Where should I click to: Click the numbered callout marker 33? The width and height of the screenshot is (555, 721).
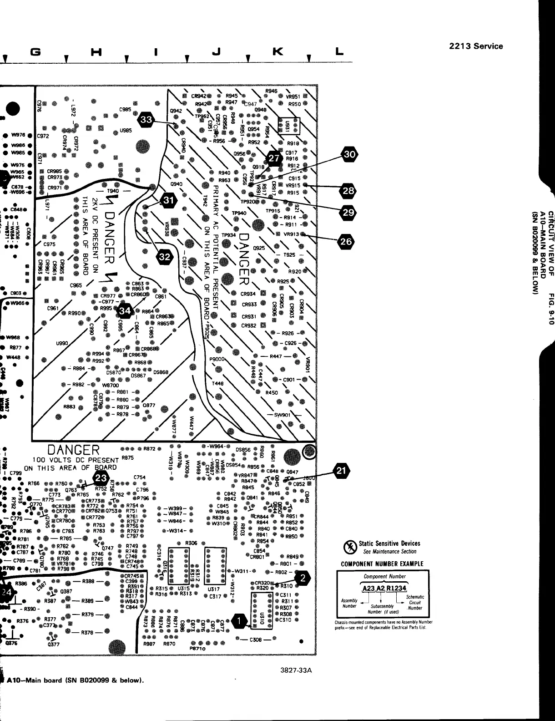point(147,119)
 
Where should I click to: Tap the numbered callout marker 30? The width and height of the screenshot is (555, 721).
point(349,155)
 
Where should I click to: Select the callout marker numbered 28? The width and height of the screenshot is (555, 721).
point(348,191)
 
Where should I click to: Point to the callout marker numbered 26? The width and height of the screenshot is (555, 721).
point(346,242)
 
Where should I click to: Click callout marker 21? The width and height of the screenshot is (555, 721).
point(342,471)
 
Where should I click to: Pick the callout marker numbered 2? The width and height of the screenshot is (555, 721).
point(303,578)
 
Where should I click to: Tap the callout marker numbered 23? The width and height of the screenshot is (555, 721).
point(101,478)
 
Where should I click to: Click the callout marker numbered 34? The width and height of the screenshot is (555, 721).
point(126,311)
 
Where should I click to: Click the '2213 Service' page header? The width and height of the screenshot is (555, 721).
point(475,46)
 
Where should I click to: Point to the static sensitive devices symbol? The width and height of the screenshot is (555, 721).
point(349,547)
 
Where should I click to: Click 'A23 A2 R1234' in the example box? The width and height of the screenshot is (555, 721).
point(384,588)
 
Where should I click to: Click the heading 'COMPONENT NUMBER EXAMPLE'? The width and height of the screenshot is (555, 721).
point(382,564)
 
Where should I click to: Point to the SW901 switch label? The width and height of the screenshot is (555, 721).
point(283,415)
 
